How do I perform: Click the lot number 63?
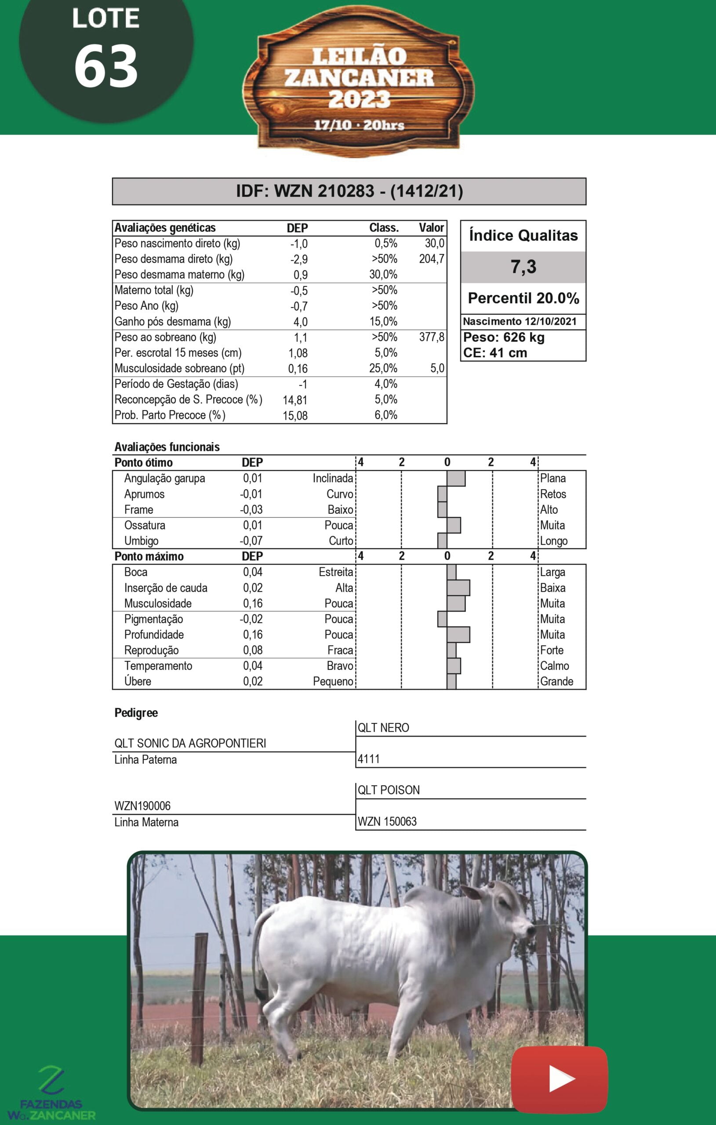click(106, 66)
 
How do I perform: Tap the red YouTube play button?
click(560, 1079)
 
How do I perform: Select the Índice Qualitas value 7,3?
click(523, 267)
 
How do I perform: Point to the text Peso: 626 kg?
click(504, 337)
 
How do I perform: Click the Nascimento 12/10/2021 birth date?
click(520, 321)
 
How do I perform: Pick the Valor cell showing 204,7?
click(431, 259)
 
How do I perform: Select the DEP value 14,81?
click(295, 400)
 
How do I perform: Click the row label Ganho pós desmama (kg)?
click(172, 321)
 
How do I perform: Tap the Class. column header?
click(384, 228)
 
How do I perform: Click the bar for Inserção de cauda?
click(458, 588)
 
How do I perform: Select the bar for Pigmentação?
click(442, 619)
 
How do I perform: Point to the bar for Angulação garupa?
click(456, 479)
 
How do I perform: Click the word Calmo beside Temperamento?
click(554, 666)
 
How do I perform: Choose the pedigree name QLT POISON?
click(389, 790)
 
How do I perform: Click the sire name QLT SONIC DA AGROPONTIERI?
click(190, 743)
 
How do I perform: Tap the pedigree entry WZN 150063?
click(387, 821)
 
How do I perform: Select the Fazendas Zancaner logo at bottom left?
click(51, 1093)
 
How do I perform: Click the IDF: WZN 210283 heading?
click(349, 191)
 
